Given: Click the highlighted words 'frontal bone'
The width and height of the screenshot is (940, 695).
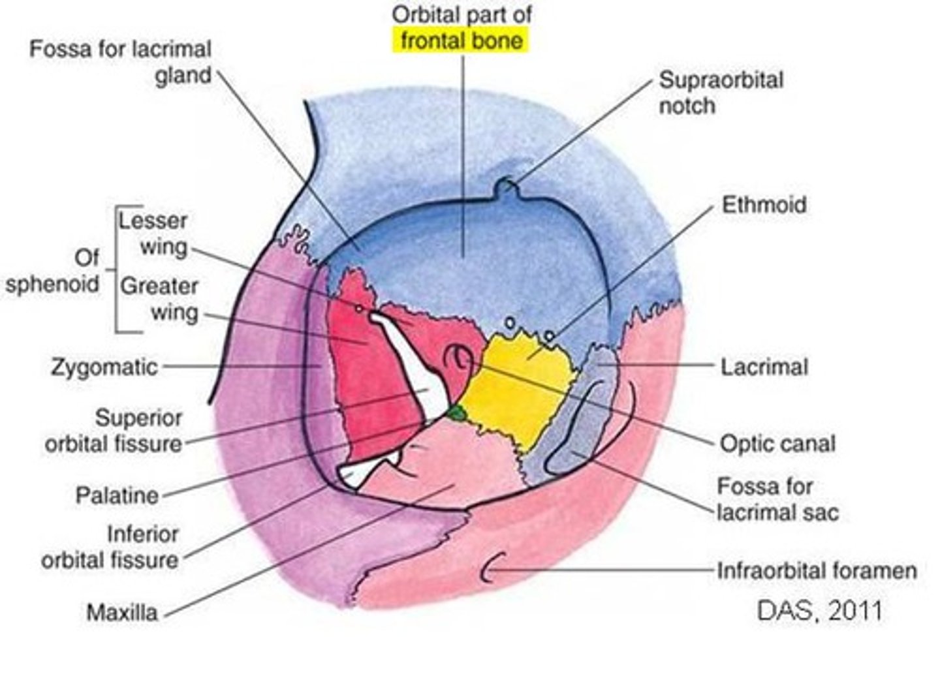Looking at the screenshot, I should [x=461, y=40].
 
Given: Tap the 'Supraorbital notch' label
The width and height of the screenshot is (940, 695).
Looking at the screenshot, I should [x=720, y=92].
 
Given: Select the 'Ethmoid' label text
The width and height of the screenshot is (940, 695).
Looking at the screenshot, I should [x=763, y=204].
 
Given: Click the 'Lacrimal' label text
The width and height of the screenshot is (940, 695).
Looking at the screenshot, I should [x=764, y=366].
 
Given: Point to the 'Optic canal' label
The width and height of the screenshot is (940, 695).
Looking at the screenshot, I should [x=777, y=444].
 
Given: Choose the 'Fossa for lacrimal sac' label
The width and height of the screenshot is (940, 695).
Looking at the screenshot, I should [x=776, y=499].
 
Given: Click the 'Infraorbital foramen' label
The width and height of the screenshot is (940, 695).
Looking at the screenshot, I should [x=816, y=570].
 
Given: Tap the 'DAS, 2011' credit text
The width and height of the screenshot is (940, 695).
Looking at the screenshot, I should [x=819, y=611].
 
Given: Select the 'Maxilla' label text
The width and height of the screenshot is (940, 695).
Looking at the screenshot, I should [x=122, y=612].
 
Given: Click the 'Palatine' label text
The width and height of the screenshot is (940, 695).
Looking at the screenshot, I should [x=117, y=495].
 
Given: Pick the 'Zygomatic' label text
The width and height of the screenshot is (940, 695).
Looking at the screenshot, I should [x=104, y=367].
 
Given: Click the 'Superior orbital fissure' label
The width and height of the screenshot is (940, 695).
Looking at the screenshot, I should [x=114, y=431].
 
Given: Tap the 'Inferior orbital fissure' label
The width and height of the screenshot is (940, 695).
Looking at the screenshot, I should [x=110, y=547].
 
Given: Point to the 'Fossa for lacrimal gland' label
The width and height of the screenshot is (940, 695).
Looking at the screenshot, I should [x=121, y=62].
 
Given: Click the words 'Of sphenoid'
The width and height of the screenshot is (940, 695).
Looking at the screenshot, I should [x=52, y=271].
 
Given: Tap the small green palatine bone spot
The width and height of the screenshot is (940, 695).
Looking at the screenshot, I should [x=457, y=412].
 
